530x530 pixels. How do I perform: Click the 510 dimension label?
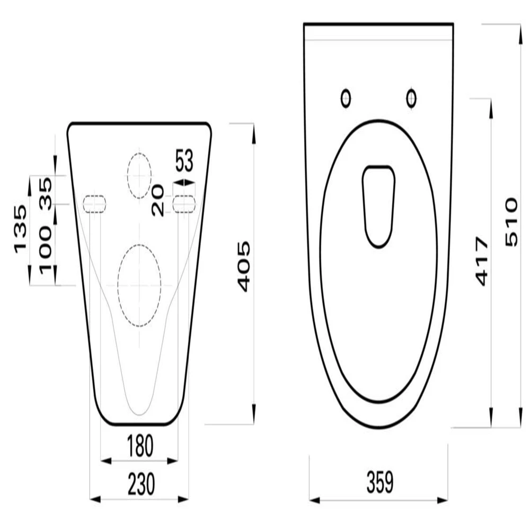(511, 222)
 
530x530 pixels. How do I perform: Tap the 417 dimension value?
(482, 261)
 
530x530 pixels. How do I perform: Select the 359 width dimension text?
(380, 482)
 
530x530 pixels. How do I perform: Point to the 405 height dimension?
(244, 267)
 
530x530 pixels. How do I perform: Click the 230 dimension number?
(142, 484)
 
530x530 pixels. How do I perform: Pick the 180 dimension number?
(140, 446)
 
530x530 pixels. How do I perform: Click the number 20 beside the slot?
(158, 200)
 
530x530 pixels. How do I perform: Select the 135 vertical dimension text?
(20, 229)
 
